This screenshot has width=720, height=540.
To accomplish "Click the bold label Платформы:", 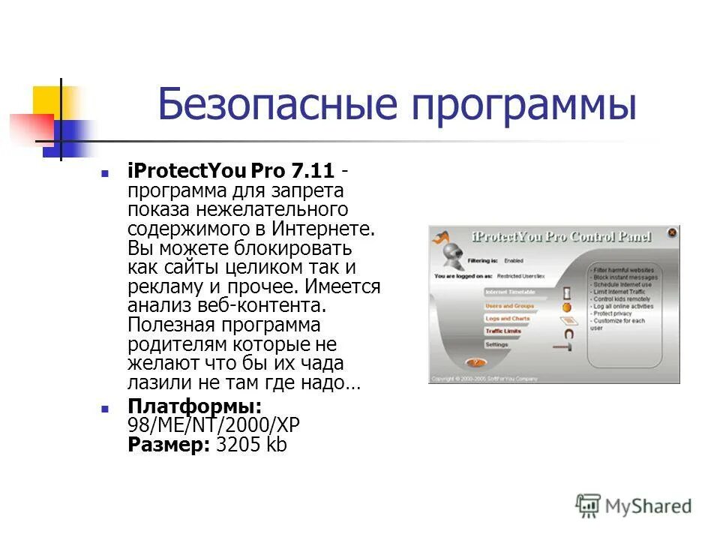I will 195,406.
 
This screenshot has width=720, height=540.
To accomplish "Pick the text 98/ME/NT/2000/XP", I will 214,425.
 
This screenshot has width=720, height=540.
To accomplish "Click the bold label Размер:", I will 169,445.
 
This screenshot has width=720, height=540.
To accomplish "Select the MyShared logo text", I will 648,506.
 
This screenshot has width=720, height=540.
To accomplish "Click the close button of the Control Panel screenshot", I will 671,233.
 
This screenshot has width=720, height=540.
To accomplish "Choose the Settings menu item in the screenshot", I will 497,345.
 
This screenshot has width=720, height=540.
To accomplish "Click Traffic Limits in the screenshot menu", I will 503,331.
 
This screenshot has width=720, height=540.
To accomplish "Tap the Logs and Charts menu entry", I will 508,319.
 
